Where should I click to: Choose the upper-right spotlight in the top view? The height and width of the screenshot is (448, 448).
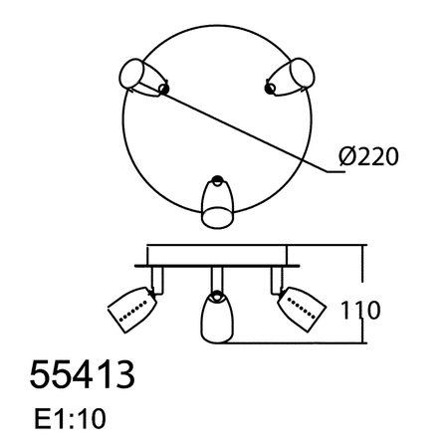point(293,77)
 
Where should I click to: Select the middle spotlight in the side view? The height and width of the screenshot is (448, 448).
point(216,316)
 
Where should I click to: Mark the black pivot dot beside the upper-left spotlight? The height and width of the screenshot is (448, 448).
point(164,91)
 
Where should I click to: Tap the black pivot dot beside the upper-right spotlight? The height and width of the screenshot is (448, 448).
point(269,91)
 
